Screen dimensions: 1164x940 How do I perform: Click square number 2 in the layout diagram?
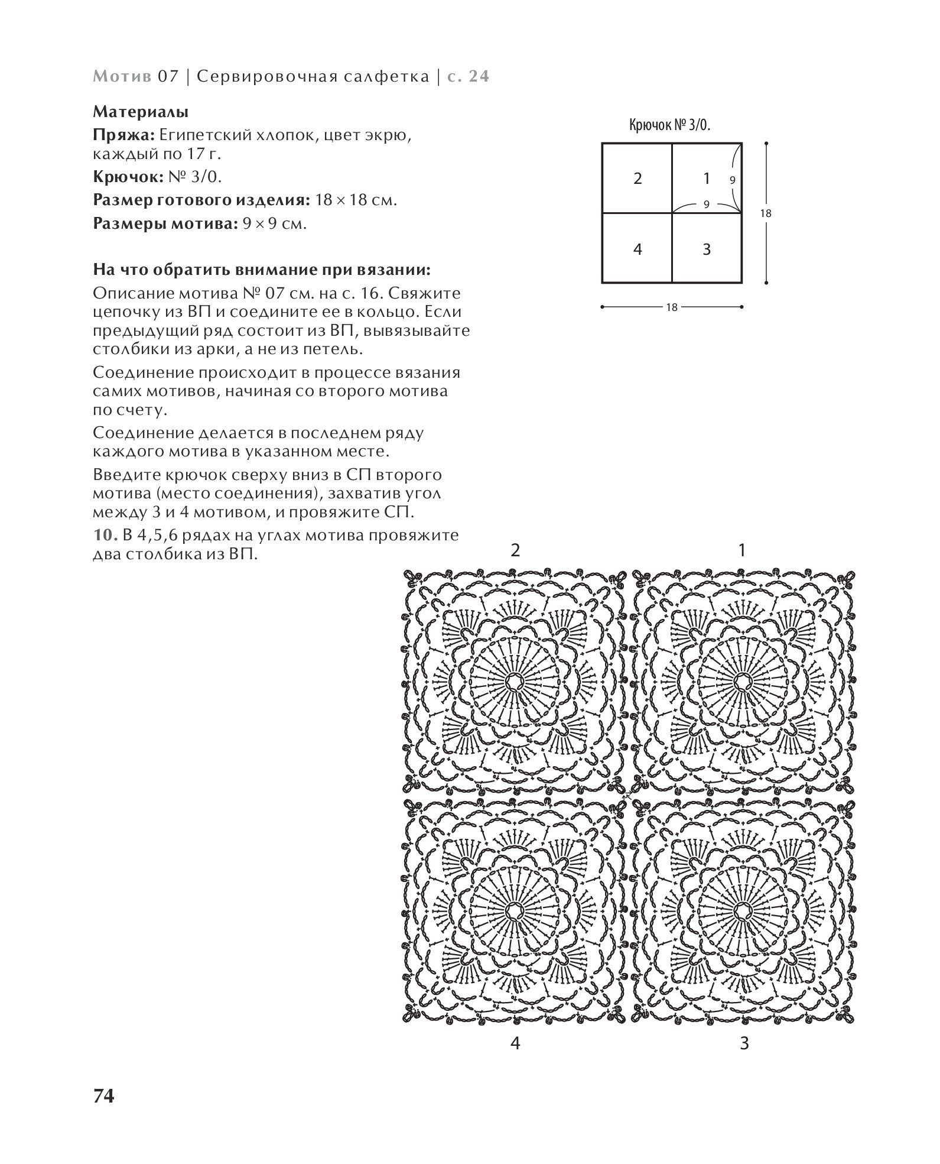point(637,179)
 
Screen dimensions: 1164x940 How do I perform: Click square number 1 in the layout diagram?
point(706,178)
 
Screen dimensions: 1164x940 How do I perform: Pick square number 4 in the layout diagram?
point(637,249)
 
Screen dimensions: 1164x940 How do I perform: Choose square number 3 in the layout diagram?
point(707,249)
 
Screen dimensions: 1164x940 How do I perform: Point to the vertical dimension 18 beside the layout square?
point(766,213)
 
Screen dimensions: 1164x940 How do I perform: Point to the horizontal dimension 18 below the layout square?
point(672,307)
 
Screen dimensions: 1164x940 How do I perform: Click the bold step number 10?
point(105,536)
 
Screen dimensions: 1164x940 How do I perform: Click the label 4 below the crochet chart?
point(515,1043)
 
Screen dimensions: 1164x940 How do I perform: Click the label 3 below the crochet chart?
point(744,1043)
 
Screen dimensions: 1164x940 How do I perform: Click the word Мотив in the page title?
point(122,77)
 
